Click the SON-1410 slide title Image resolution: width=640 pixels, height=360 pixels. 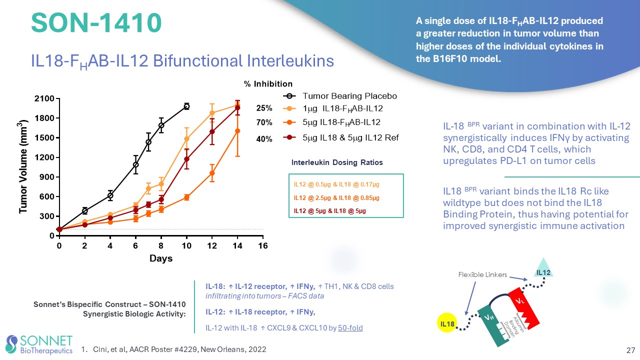click(x=96, y=23)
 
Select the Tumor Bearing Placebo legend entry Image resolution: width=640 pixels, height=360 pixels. click(x=349, y=96)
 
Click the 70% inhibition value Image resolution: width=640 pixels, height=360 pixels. click(x=264, y=122)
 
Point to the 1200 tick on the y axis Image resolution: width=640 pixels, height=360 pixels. click(x=43, y=157)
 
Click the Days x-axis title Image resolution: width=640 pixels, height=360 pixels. click(x=161, y=258)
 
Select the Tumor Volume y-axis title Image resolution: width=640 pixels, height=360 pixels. click(x=23, y=167)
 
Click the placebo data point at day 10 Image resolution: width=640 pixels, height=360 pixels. click(x=186, y=106)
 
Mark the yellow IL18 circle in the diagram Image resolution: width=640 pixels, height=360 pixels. click(x=447, y=324)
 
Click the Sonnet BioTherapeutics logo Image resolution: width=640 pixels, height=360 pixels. click(x=39, y=344)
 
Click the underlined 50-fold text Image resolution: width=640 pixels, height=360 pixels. click(x=350, y=328)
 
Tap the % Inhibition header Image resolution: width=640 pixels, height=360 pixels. click(x=268, y=83)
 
